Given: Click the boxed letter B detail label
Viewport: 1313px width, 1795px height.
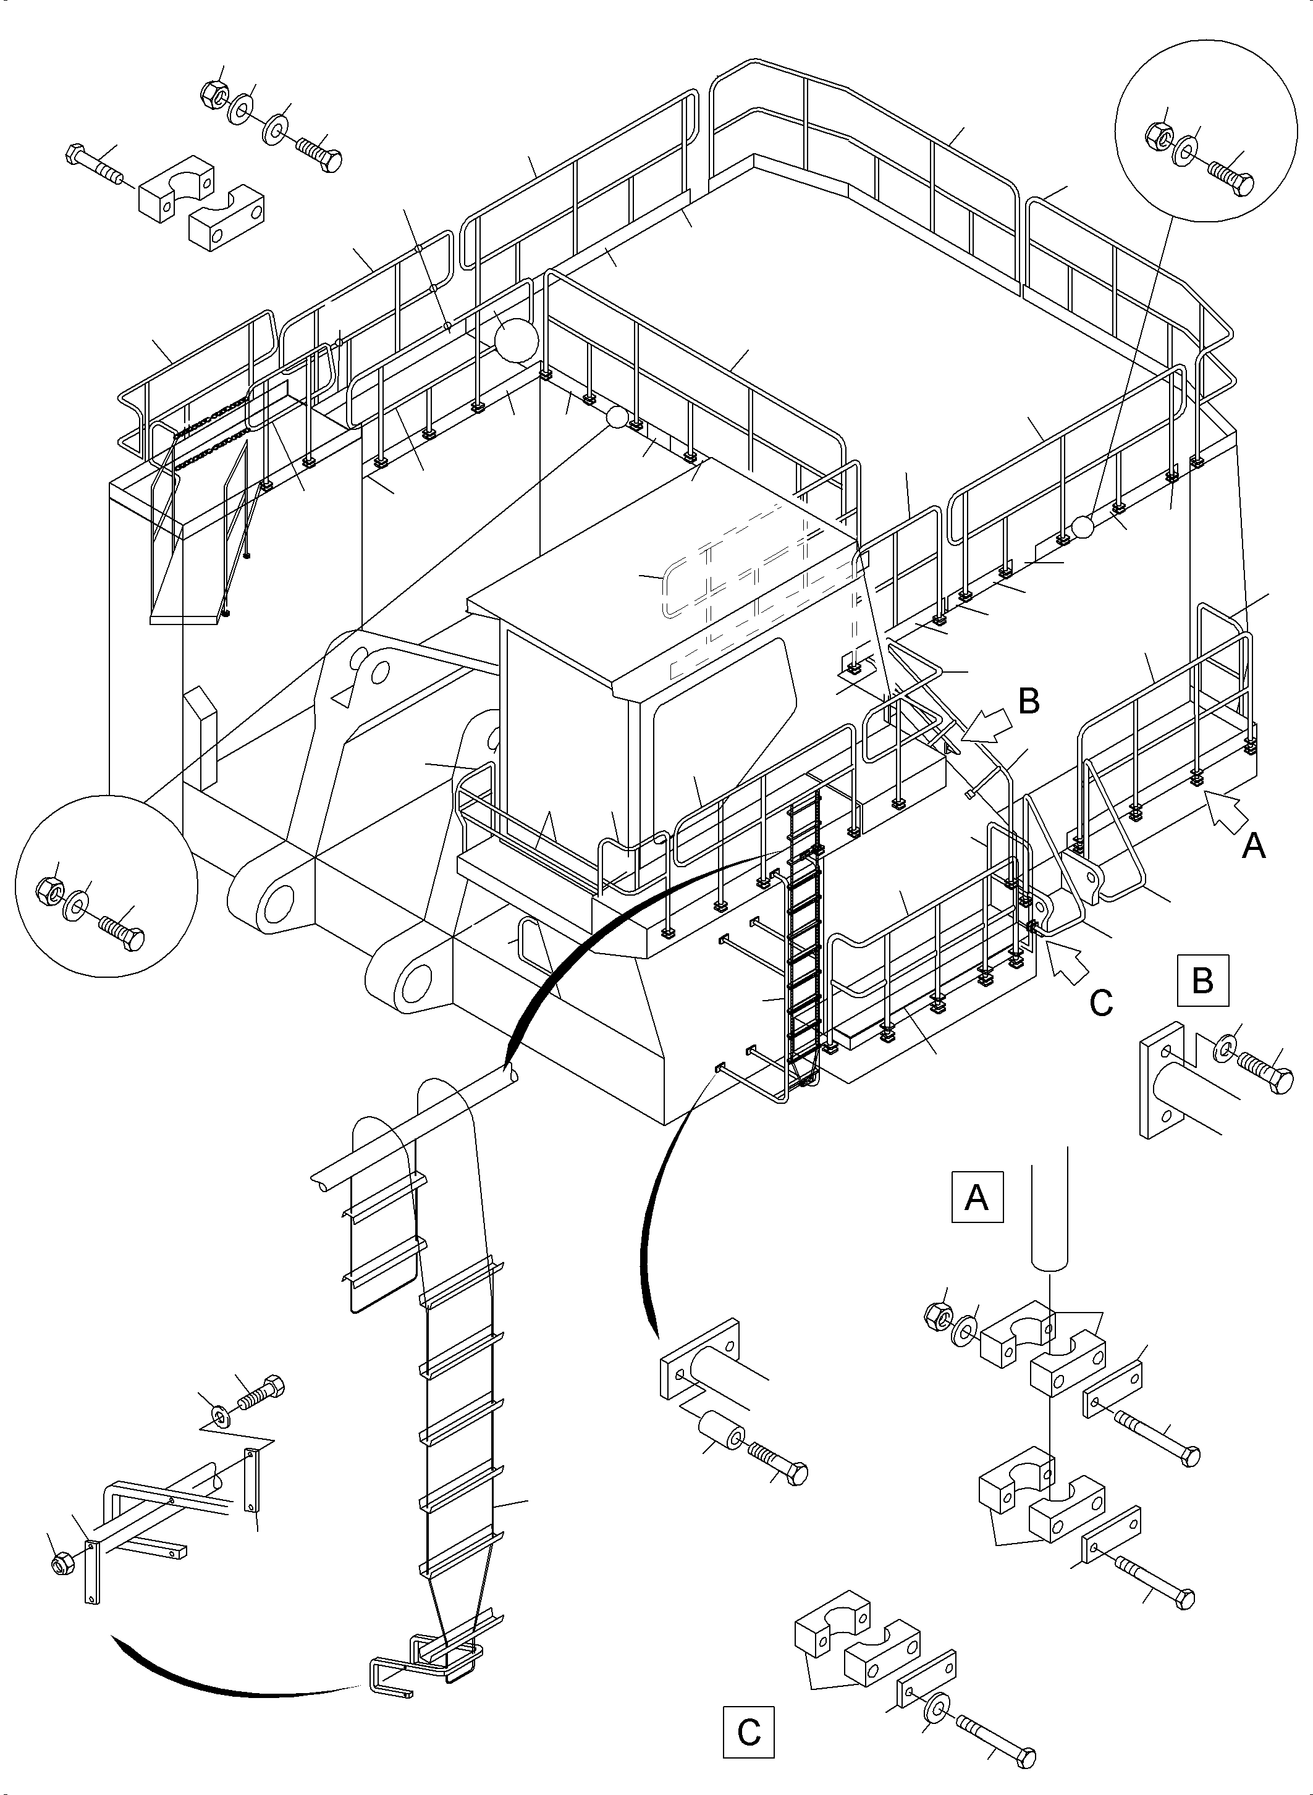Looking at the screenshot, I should coord(1203,980).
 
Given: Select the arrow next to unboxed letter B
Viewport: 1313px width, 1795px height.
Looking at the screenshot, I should coord(989,725).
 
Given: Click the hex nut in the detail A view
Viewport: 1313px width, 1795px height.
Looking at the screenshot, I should coord(939,1316).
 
